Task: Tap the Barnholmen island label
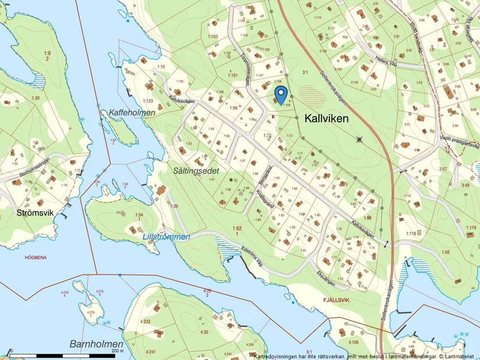(97, 344)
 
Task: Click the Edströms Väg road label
(257, 256)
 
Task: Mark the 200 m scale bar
(64, 354)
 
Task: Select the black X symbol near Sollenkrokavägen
(360, 139)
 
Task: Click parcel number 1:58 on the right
(446, 252)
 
